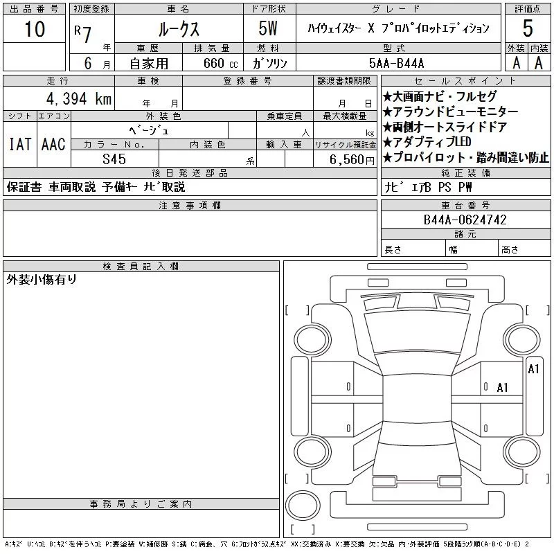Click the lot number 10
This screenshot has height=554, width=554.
coord(34,29)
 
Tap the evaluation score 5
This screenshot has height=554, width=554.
coord(527,29)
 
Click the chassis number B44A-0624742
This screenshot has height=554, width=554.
coord(465,220)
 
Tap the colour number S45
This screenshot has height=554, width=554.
coord(114,159)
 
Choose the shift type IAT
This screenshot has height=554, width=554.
coord(19,145)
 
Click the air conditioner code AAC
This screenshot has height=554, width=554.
coord(53,145)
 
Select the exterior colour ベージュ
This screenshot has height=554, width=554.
coord(149,130)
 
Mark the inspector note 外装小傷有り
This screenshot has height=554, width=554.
coord(42,280)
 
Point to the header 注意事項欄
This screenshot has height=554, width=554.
coord(190,205)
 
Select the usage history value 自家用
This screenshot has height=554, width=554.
coord(152,62)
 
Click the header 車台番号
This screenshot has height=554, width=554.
coord(465,205)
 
